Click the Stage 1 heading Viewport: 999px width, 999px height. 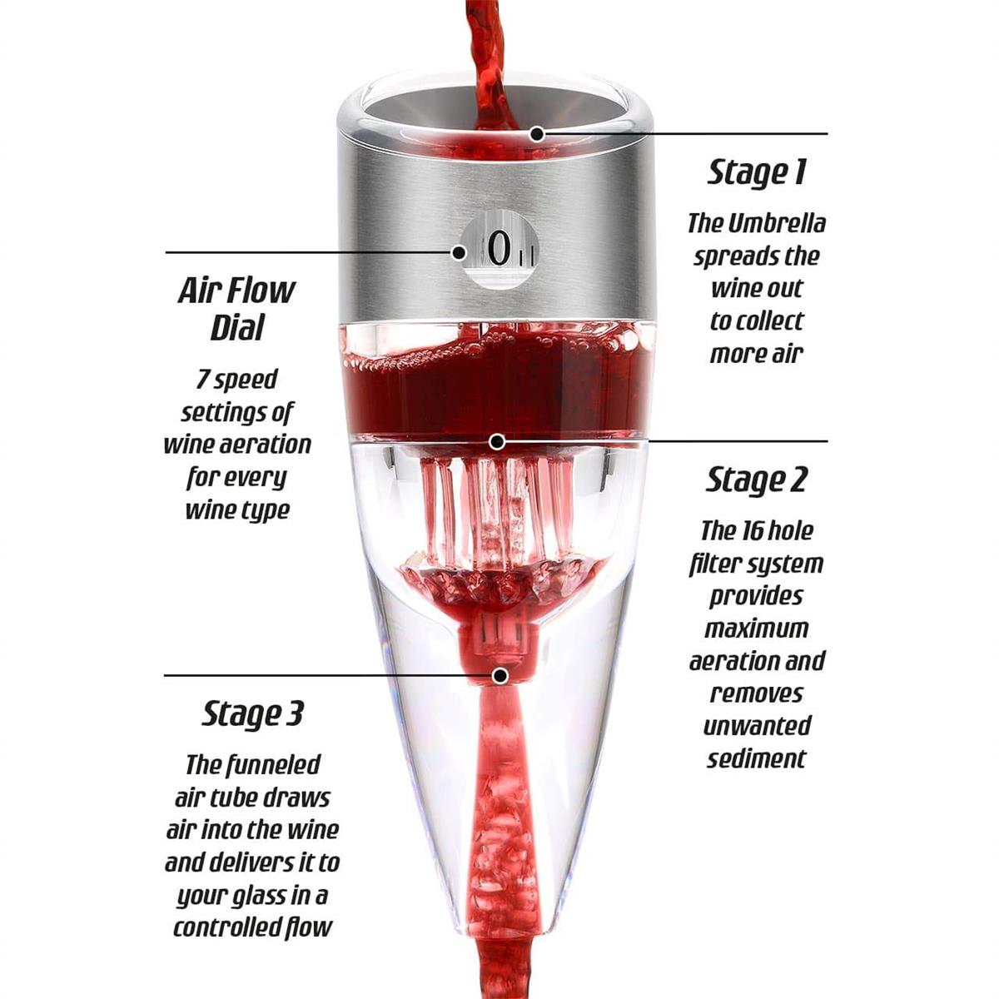pos(757,172)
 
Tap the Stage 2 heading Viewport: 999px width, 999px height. pos(757,480)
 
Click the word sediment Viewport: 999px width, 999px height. pos(757,759)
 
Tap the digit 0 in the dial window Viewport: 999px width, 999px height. pos(499,250)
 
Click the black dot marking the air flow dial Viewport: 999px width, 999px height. pos(459,253)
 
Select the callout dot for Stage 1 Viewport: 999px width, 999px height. pos(538,134)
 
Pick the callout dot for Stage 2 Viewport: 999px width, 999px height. pos(498,442)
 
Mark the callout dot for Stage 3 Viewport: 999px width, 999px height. pos(500,675)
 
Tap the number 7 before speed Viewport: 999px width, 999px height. pos(202,379)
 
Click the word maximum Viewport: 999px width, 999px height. pos(757,629)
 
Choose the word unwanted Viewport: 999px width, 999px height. pos(757,726)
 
